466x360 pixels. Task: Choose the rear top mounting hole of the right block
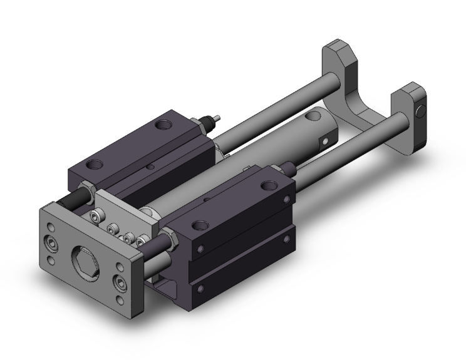click(x=270, y=185)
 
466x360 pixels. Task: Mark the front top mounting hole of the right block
click(x=200, y=225)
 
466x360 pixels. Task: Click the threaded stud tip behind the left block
click(x=217, y=118)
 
